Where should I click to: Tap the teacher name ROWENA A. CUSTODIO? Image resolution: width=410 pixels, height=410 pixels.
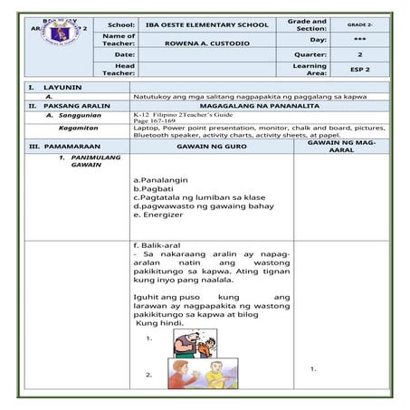pos(207,40)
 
